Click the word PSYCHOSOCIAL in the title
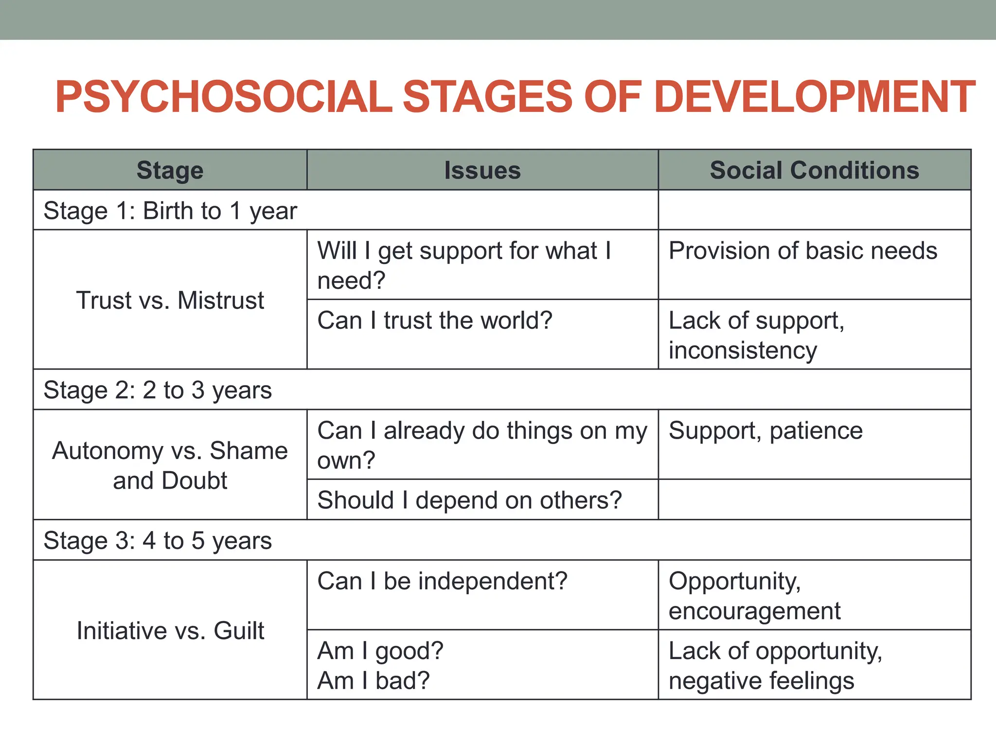(224, 97)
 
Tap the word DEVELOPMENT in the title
(815, 97)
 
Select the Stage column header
(170, 170)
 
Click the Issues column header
(482, 170)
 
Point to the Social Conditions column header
(815, 170)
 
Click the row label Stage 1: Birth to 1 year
(170, 211)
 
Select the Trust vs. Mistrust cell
(170, 300)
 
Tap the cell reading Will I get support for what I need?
(464, 265)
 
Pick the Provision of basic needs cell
(802, 251)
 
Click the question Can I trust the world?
(435, 320)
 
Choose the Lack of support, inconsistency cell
(756, 335)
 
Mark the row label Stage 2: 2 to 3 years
(158, 390)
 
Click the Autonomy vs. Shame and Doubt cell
(170, 465)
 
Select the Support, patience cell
(765, 431)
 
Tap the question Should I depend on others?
(469, 500)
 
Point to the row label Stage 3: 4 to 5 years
(158, 540)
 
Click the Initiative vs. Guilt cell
(170, 631)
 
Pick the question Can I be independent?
(442, 581)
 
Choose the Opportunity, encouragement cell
(754, 596)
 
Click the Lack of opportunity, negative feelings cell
(775, 665)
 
